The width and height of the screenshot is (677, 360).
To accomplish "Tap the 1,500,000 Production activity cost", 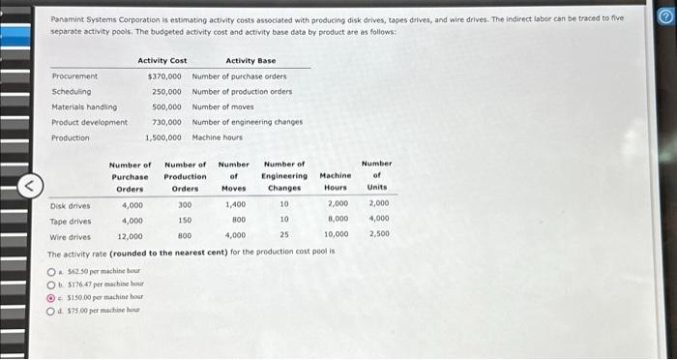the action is click(x=162, y=137).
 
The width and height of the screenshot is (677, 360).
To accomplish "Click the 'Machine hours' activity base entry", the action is click(x=218, y=137).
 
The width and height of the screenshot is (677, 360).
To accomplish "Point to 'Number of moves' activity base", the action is click(x=224, y=106).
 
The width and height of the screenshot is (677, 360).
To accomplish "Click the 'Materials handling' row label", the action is click(x=84, y=106).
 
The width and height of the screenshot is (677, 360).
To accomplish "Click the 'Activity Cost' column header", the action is click(x=162, y=60).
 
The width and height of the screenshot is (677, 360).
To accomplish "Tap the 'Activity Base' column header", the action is click(x=250, y=60).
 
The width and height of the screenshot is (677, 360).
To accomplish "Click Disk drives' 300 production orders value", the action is click(x=185, y=205).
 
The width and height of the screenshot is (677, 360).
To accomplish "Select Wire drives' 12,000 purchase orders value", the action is click(x=131, y=236).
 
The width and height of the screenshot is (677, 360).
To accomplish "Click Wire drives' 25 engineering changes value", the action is click(x=284, y=236).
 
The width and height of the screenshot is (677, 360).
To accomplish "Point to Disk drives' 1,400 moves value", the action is click(x=235, y=205).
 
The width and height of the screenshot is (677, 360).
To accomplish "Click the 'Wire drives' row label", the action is click(x=70, y=236).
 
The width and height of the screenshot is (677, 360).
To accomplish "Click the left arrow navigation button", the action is click(x=31, y=181).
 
